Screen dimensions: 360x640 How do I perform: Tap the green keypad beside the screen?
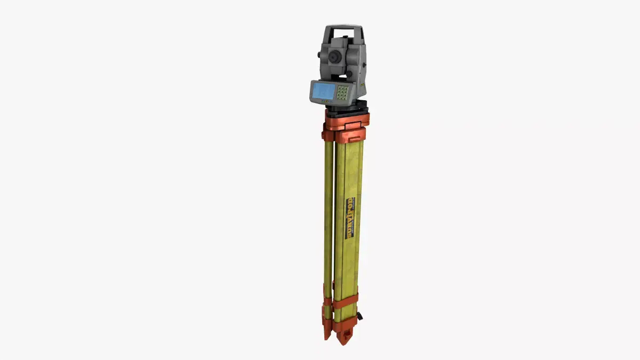pyautogui.click(x=342, y=93)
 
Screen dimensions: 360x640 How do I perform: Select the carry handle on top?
pyautogui.click(x=343, y=27)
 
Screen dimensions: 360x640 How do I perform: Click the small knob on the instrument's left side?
pyautogui.click(x=319, y=55)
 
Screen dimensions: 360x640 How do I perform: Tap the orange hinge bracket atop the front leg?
pyautogui.click(x=350, y=135)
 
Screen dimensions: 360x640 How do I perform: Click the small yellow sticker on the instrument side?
pyautogui.click(x=361, y=84)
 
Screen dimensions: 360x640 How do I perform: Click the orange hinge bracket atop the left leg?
pyautogui.click(x=327, y=133)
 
